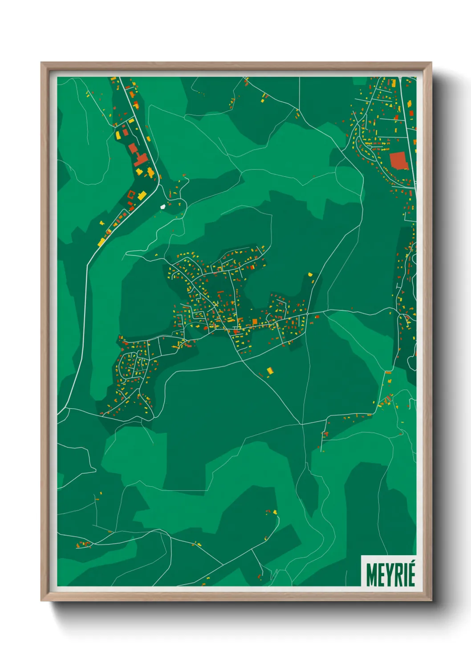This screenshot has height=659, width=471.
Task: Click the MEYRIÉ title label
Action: point(390,574)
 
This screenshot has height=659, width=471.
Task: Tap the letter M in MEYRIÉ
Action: point(371,575)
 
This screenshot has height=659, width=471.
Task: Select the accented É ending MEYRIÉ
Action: point(411,574)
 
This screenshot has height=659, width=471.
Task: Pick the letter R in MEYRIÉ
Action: point(397,575)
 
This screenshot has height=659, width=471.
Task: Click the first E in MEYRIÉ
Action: point(380,575)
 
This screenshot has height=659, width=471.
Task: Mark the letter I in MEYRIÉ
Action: point(404,575)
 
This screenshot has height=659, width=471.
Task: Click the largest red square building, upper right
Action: point(398,161)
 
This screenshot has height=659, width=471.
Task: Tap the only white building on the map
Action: point(162,207)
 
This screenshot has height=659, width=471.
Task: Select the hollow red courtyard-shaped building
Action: point(131,194)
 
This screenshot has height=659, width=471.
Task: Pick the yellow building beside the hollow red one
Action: point(142,195)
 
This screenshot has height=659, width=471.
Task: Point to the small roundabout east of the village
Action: point(307,314)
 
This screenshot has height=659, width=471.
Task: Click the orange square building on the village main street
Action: point(255,321)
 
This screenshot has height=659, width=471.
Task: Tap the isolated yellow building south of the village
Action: point(269,370)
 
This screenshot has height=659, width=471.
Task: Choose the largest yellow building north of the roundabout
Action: point(310,275)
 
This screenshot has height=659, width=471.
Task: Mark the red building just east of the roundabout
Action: point(317,317)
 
